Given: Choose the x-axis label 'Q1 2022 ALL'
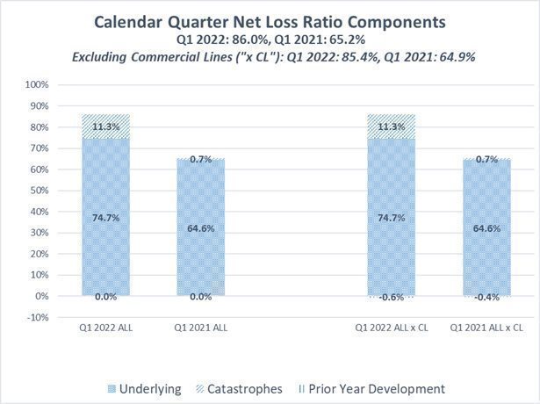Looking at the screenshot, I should click(x=105, y=327).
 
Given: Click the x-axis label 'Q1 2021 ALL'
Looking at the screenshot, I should click(x=200, y=327).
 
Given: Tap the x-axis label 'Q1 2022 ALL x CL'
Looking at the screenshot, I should click(x=392, y=327).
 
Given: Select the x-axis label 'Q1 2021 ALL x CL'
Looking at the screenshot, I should click(x=486, y=327).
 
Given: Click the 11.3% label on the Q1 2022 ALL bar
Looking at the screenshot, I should click(x=106, y=126).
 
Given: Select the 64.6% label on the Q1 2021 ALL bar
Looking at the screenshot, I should click(x=200, y=227).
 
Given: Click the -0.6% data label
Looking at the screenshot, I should click(x=392, y=297).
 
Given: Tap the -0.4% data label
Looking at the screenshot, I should click(x=486, y=297).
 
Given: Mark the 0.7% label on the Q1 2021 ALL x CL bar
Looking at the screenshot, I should click(x=486, y=159).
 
